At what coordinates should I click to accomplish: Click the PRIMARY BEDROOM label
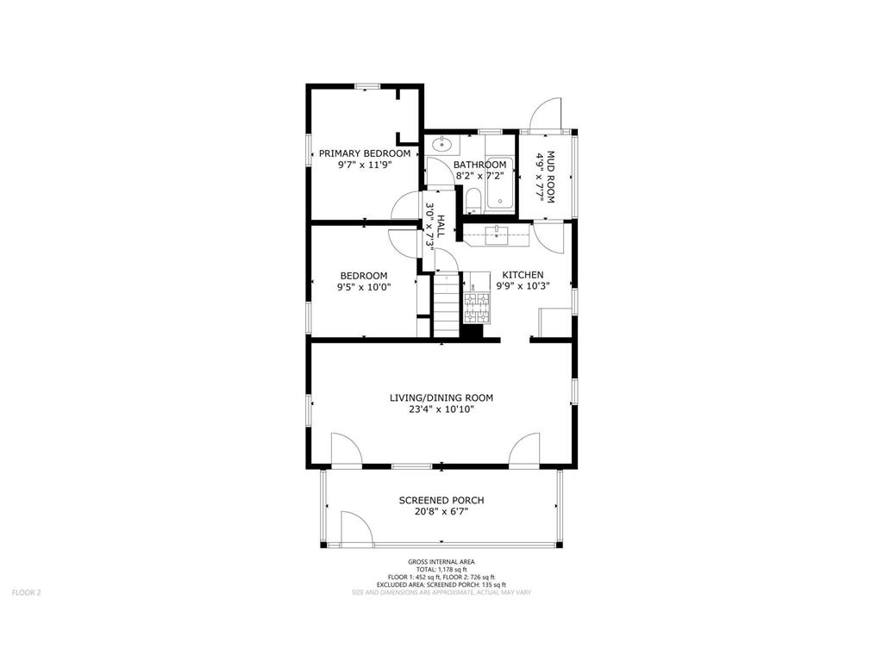click(365, 153)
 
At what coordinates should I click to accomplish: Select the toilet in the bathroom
click(473, 201)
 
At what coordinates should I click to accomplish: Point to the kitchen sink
click(498, 233)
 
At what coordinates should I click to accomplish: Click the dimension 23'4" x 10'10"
click(441, 409)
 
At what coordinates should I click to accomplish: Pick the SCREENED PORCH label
click(441, 500)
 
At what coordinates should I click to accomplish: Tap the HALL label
click(441, 226)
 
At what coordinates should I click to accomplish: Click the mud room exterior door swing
click(547, 114)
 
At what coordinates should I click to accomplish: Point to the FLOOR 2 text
click(26, 592)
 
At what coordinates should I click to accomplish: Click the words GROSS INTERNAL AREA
click(441, 561)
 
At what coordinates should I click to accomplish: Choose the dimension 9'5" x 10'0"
click(363, 288)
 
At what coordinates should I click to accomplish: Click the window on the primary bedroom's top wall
click(367, 85)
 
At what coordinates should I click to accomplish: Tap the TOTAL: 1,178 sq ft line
click(441, 569)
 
